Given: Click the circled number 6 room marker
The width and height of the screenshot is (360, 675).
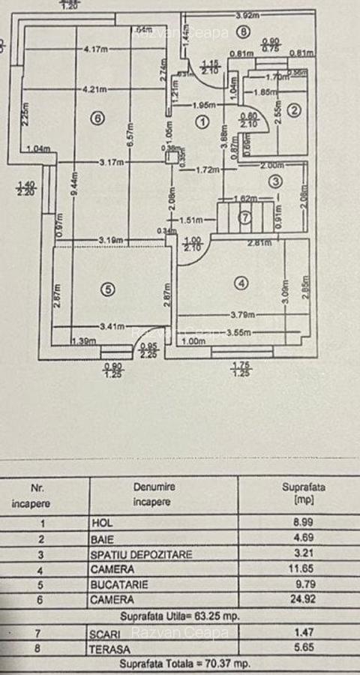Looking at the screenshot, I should (x=95, y=117).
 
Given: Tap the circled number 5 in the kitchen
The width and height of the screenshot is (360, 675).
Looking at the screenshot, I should (x=109, y=288).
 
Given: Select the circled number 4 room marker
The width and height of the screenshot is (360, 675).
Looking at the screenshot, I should (x=241, y=283).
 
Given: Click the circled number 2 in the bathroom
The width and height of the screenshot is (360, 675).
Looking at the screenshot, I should (x=295, y=110).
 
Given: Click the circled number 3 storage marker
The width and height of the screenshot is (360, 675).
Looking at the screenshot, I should (x=276, y=181).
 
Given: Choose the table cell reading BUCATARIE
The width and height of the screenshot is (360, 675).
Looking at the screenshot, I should (x=120, y=583).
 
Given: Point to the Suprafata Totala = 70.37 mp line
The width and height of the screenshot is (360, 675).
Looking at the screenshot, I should (x=185, y=664).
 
